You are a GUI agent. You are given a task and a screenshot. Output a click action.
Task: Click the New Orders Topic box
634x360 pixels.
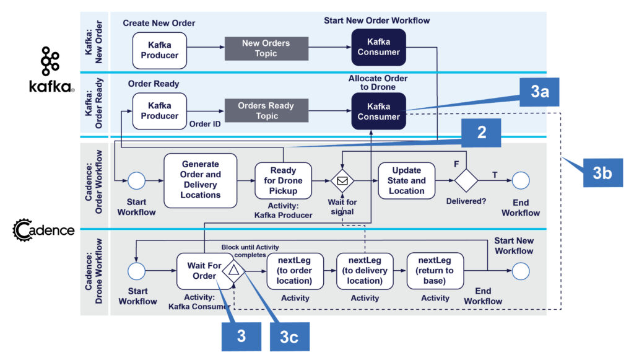pos(266,48)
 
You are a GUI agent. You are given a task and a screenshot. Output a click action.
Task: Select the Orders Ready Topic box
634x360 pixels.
pos(267,111)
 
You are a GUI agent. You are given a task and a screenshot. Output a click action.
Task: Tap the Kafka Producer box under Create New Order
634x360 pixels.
pos(159,50)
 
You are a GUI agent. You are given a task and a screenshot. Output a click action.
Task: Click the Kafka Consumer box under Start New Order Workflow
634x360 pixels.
pos(379,47)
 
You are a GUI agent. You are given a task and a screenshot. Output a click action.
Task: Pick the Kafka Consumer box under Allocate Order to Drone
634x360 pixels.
pos(379,112)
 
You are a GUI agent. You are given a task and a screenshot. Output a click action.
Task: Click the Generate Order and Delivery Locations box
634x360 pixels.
pos(200,180)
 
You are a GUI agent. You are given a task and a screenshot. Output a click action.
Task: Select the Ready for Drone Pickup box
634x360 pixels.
pos(283,180)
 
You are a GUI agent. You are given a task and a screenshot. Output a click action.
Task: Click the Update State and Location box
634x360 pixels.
pos(406,180)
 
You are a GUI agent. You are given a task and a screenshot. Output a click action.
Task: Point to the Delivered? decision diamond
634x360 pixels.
pos(467,181)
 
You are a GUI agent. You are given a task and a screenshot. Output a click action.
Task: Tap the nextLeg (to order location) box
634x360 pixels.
pos(295,271)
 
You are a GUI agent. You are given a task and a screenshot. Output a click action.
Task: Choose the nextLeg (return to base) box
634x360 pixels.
pos(435,271)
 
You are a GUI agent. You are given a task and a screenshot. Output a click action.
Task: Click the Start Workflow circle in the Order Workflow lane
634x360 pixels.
pos(136,181)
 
